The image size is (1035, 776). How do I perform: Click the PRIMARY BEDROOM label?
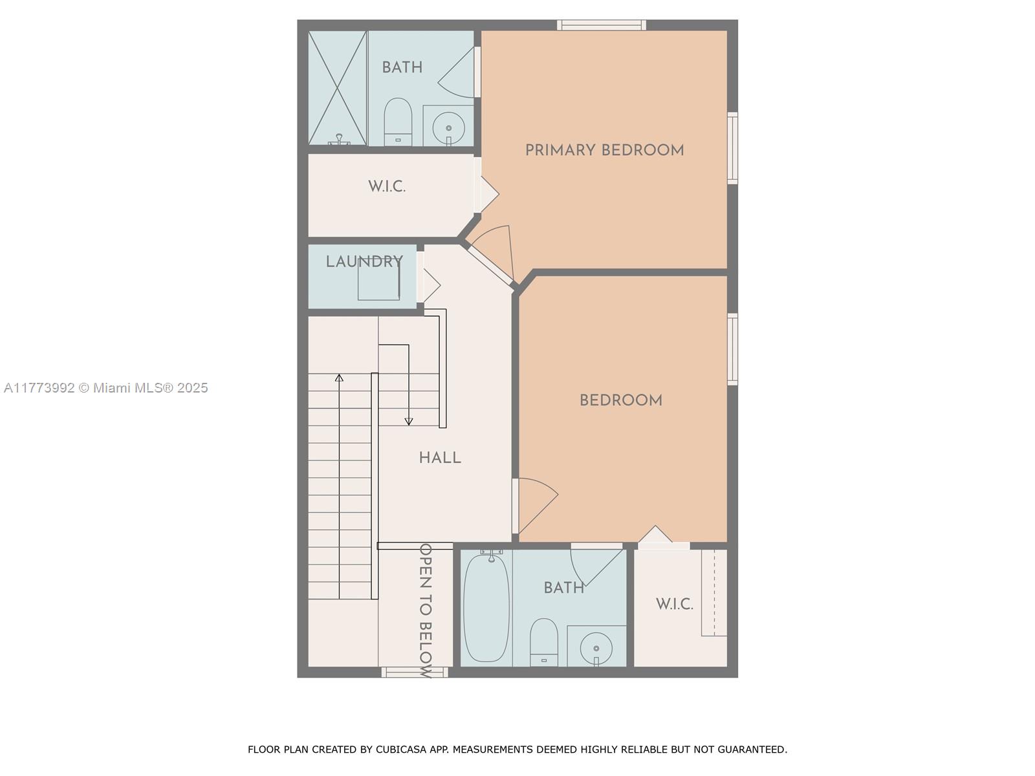[604, 150]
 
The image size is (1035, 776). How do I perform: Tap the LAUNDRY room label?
[364, 261]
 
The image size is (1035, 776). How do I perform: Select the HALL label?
[440, 457]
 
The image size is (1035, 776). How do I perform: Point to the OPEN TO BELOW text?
[425, 610]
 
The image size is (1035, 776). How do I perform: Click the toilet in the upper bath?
[397, 122]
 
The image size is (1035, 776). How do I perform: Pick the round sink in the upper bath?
[448, 127]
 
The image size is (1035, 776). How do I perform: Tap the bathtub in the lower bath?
[486, 608]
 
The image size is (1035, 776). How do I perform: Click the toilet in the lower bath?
[543, 641]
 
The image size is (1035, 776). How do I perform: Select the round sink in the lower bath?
[596, 649]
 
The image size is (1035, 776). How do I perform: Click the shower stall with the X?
[337, 88]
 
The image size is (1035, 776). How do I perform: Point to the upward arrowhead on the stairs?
[339, 378]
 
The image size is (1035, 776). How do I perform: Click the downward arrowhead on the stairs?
[409, 422]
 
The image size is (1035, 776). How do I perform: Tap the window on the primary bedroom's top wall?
[601, 25]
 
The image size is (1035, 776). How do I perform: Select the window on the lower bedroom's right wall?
[732, 349]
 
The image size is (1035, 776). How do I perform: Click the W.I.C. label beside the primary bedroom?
[387, 187]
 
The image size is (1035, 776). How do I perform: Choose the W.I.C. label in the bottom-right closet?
[674, 604]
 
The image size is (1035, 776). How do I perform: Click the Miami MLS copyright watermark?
[105, 388]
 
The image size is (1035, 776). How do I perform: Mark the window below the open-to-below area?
[415, 673]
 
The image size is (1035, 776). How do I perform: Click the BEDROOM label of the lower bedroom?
[621, 400]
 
